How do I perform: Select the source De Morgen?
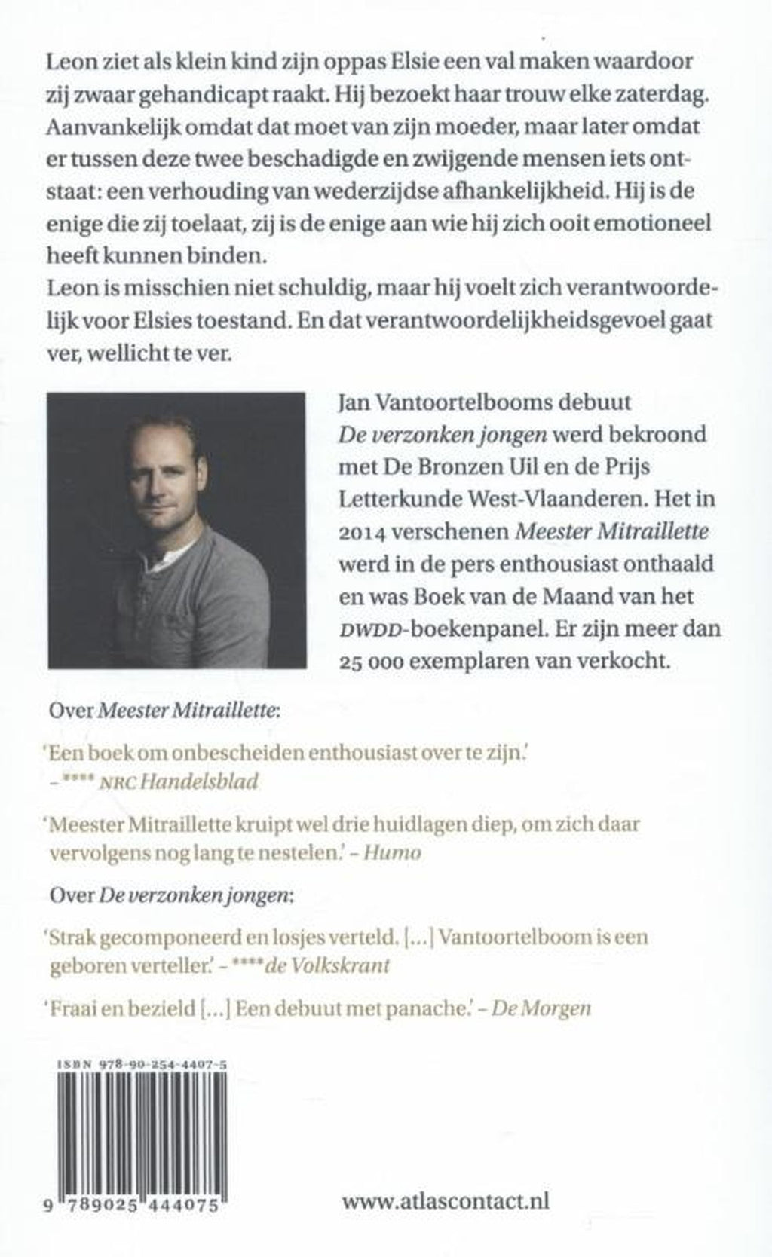tap(541, 1008)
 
